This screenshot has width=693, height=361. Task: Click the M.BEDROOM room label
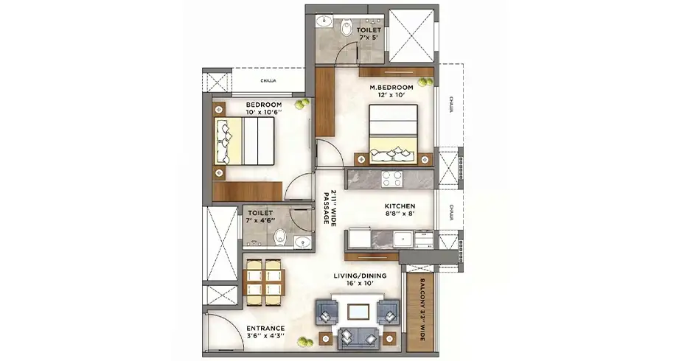click(391, 88)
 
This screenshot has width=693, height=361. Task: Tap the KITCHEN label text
click(400, 206)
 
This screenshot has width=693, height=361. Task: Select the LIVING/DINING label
click(360, 276)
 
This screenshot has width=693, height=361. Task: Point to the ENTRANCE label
click(265, 329)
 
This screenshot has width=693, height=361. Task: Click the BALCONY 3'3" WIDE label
click(422, 309)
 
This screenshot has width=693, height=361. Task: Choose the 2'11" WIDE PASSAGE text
click(330, 207)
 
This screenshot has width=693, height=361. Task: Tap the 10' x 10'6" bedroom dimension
click(264, 112)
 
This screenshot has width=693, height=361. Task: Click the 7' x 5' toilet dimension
click(369, 38)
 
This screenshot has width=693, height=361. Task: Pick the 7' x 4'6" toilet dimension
click(260, 220)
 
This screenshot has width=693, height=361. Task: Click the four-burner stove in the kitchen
click(392, 179)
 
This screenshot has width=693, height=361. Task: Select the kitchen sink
click(403, 239)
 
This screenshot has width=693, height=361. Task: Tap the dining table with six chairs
click(264, 283)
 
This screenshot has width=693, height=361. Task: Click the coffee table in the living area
click(358, 312)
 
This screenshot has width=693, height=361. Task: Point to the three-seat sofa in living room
click(358, 339)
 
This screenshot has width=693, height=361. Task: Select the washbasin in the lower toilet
click(303, 242)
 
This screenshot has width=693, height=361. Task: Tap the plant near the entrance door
click(304, 342)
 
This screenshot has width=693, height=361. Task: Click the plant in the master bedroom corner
click(426, 83)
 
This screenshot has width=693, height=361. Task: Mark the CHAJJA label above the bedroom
click(268, 81)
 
